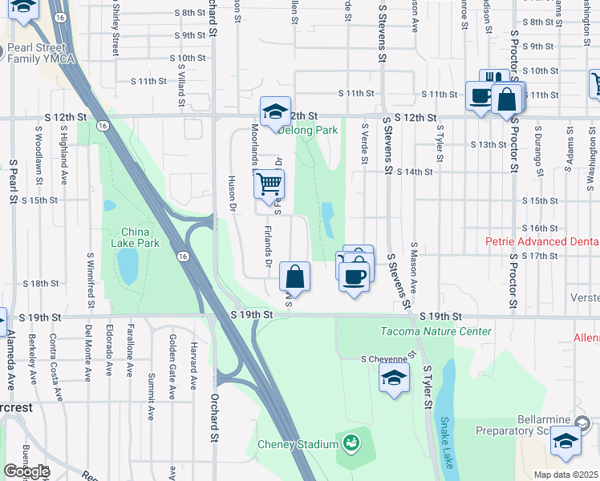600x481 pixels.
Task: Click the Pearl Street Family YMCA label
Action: click(42, 53)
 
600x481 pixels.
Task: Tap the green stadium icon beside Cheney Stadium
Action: click(351, 442)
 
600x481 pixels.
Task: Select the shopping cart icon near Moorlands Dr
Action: click(270, 184)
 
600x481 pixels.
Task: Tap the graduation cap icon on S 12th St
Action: click(275, 112)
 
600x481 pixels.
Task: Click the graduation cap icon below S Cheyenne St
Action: click(394, 378)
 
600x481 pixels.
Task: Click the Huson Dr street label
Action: click(233, 194)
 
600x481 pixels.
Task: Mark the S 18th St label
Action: click(41, 283)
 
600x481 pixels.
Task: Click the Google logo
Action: click(26, 471)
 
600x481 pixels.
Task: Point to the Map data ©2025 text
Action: click(566, 475)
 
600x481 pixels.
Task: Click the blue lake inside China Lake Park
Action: click(128, 267)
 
